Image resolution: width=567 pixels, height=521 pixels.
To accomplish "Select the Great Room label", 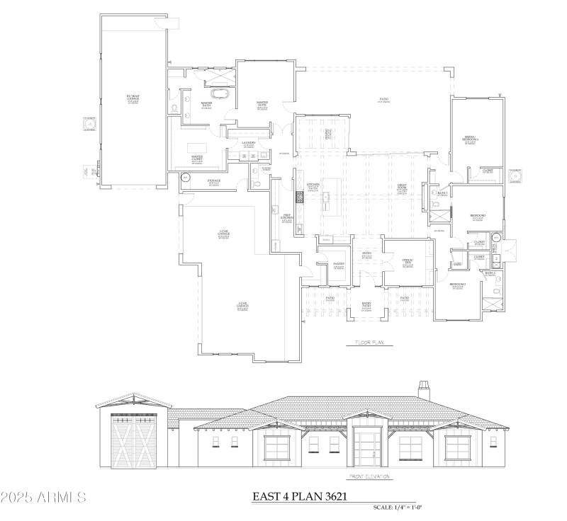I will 401,189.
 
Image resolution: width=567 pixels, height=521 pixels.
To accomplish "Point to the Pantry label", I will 339,265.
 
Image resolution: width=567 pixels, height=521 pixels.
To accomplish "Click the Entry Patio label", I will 366,305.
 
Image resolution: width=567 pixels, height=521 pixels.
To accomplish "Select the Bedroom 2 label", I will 457,286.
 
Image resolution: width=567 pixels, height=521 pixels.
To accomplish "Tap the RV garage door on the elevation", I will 133,440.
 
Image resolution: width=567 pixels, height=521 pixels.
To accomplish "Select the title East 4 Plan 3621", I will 300,496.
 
